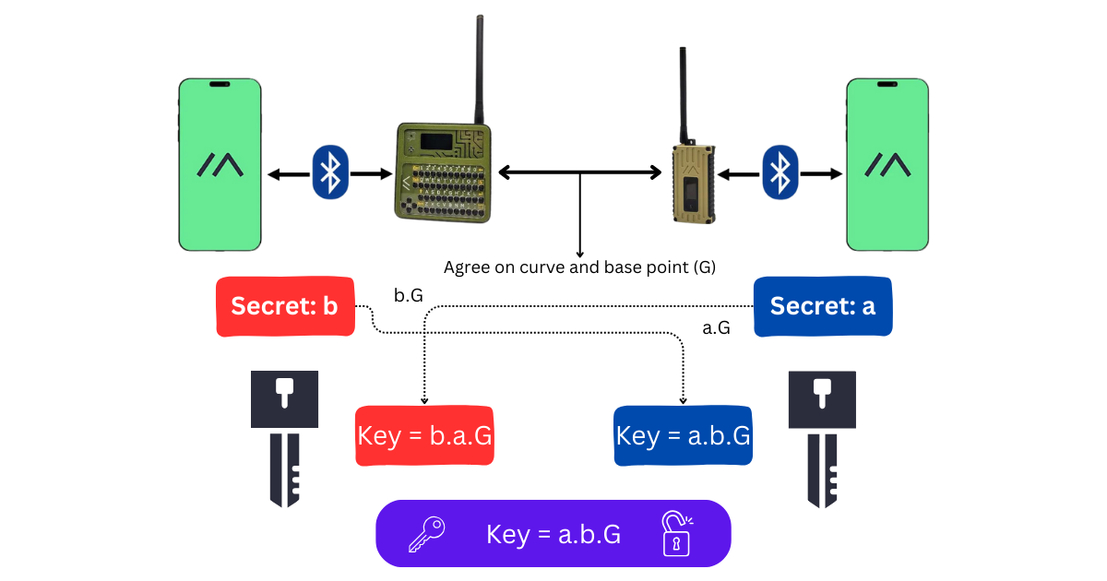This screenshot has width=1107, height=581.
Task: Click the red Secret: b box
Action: (x=285, y=306)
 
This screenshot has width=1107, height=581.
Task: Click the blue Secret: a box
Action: (x=823, y=306)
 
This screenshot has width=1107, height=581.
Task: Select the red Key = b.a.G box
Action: (x=424, y=435)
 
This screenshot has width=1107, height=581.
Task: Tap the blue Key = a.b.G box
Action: (x=683, y=435)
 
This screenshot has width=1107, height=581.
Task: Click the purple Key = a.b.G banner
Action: (x=553, y=533)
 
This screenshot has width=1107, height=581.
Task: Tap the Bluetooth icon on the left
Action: (x=329, y=172)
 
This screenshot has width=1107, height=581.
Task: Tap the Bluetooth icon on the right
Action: (x=780, y=172)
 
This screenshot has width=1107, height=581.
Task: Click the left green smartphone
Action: (x=220, y=164)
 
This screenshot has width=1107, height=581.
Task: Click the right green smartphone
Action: (x=887, y=164)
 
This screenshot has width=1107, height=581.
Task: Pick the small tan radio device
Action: (x=694, y=184)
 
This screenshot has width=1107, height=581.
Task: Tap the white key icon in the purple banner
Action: (x=427, y=534)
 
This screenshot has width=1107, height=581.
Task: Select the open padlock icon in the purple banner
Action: (x=676, y=534)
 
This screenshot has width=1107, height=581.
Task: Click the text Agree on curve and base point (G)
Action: (x=579, y=267)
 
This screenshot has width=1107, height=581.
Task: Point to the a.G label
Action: (x=716, y=326)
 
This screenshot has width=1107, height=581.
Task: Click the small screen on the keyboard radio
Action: (x=434, y=141)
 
